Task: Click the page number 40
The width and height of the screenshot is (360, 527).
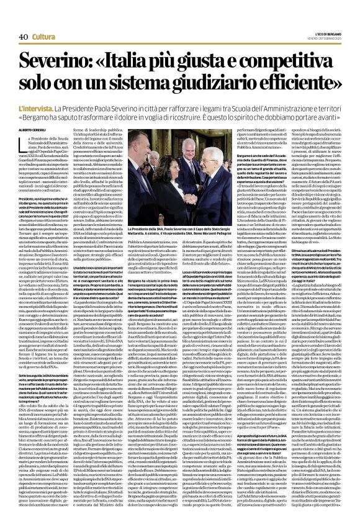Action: (x=25, y=20)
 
